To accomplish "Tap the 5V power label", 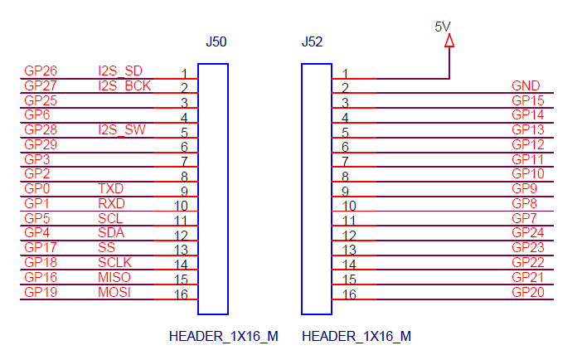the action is click(444, 26).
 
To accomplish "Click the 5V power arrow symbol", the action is click(449, 40).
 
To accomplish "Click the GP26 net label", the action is click(41, 71).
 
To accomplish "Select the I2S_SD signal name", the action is click(120, 71).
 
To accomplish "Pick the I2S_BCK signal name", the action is click(124, 85).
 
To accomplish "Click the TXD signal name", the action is click(110, 189).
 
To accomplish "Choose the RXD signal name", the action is click(111, 203).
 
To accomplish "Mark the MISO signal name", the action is click(114, 277).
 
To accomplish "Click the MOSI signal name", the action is click(114, 292).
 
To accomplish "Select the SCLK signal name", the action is click(114, 262).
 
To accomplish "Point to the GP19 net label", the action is click(41, 292).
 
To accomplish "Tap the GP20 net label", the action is click(528, 292).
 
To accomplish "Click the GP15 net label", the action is click(528, 100).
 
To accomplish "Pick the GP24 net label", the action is click(528, 233).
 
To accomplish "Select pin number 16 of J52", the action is click(349, 294).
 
